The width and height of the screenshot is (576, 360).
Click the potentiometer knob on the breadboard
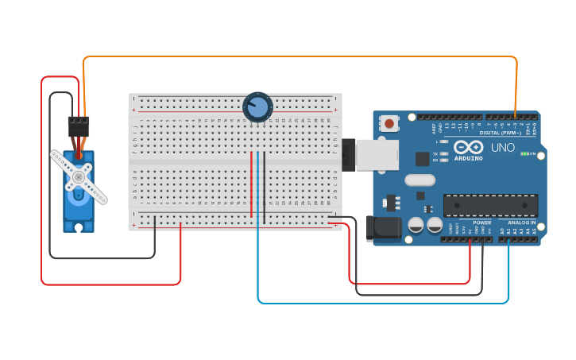pyautogui.click(x=257, y=106)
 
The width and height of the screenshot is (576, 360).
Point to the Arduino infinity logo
pyautogui.click(x=469, y=147)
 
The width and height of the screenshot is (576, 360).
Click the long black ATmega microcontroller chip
pyautogui.click(x=489, y=204)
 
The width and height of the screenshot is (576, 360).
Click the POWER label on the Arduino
pyautogui.click(x=482, y=223)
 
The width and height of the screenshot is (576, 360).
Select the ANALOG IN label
pyautogui.click(x=522, y=223)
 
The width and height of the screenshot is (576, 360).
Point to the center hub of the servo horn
pyautogui.click(x=79, y=176)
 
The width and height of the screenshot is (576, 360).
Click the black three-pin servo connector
pyautogui.click(x=78, y=126)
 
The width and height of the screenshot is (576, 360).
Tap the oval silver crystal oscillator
pyautogui.click(x=419, y=180)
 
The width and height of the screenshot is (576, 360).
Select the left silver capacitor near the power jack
pyautogui.click(x=416, y=226)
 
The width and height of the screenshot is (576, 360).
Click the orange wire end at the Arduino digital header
pyautogui.click(x=516, y=116)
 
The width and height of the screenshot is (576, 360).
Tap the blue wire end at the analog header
pyautogui.click(x=508, y=239)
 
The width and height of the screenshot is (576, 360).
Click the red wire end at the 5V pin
pyautogui.click(x=470, y=239)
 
